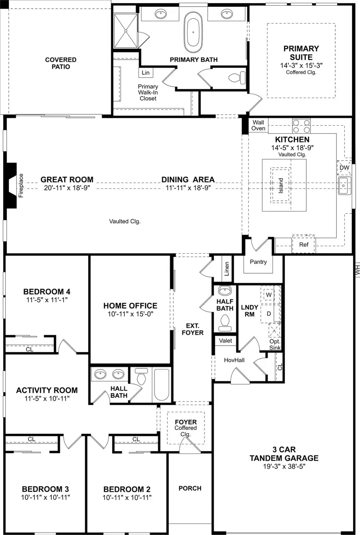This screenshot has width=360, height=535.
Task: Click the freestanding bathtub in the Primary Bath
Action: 193,30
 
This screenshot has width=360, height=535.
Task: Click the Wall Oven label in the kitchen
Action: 258,126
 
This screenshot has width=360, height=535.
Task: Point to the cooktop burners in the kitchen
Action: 301,126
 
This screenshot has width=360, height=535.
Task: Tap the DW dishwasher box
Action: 344,168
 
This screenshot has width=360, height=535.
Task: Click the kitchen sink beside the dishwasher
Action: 344,186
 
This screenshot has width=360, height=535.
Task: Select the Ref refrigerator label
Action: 304,244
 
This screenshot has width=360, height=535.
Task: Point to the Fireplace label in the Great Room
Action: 21,186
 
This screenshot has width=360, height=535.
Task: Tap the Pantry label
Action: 258,262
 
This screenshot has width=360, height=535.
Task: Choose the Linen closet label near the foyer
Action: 227,269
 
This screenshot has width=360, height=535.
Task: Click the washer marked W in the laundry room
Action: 268,295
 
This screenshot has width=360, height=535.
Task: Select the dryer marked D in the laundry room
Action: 268,314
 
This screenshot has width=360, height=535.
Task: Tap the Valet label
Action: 226,341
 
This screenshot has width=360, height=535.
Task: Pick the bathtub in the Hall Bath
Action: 162,385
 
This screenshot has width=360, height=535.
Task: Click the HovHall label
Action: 234,360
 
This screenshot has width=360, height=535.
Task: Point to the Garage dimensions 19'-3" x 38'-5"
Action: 284,466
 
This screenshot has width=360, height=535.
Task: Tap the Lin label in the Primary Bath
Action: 146,73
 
